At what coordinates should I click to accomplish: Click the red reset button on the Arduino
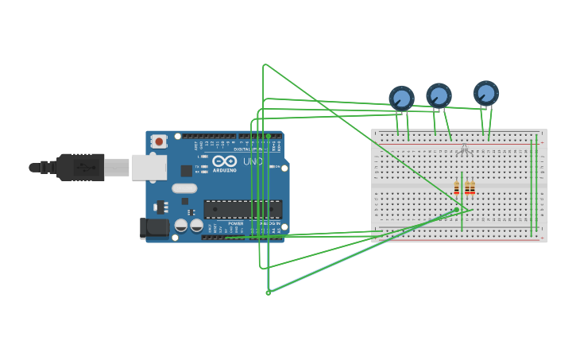(159, 141)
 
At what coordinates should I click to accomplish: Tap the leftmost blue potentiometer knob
(401, 99)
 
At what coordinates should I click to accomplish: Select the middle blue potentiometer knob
(439, 96)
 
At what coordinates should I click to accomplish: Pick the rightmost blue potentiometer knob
(485, 94)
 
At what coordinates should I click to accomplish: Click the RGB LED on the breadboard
(464, 149)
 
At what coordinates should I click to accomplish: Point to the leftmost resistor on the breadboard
(457, 188)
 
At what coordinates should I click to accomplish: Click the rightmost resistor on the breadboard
(472, 188)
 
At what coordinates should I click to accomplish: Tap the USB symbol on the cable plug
(82, 168)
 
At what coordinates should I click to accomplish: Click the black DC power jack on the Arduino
(154, 228)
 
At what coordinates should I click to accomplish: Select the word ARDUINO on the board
(225, 170)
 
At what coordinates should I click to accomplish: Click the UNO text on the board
(253, 161)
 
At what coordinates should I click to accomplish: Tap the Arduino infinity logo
(224, 161)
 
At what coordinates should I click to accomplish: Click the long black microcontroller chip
(242, 209)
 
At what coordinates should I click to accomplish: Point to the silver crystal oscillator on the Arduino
(184, 189)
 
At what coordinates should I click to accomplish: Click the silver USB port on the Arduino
(149, 167)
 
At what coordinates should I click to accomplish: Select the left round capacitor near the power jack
(181, 226)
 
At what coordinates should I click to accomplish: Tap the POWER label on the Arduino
(236, 223)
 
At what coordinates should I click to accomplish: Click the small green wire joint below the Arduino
(268, 292)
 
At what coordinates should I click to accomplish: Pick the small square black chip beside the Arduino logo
(186, 170)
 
